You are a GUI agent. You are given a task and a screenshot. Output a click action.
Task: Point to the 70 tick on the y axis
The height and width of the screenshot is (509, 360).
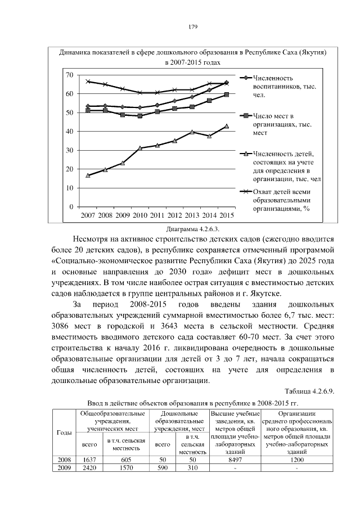coord(69,75)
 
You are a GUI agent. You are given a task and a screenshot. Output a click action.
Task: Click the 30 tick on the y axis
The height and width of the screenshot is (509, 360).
coord(69,150)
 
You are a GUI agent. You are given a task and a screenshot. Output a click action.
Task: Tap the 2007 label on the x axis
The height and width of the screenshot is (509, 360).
coord(88,215)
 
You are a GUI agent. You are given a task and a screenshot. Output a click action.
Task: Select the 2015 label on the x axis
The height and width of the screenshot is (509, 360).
coord(227,215)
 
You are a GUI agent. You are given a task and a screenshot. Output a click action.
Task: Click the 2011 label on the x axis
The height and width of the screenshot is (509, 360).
coord(157,215)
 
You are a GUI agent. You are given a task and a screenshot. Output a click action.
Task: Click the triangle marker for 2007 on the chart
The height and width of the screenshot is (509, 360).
coord(88,175)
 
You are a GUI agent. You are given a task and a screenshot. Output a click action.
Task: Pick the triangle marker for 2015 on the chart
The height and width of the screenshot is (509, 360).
coord(227,126)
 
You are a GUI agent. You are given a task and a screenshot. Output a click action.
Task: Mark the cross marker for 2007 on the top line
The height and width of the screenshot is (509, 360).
coord(88,82)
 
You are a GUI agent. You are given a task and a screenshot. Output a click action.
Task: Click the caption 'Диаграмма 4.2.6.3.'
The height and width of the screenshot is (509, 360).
coord(192,229)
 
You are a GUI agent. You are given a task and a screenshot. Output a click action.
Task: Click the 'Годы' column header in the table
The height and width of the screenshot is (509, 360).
coord(64,432)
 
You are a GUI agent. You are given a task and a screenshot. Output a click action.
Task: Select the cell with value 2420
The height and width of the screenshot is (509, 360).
coord(89,468)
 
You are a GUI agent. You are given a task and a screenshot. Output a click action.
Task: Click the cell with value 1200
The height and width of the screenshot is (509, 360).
coord(296,460)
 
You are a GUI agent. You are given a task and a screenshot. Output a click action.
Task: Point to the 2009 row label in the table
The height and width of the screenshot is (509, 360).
coord(64,468)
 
